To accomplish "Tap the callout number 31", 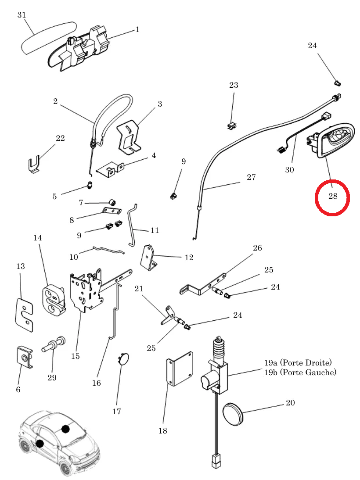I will [x=22, y=15].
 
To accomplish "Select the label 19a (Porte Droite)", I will [x=298, y=363].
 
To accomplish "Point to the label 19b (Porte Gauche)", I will [x=300, y=373].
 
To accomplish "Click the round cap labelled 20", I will [x=233, y=414].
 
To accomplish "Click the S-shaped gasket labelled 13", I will [x=24, y=311].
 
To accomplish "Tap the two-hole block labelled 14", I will [x=53, y=300].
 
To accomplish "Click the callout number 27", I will [x=251, y=177].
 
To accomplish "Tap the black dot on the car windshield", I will [x=65, y=428].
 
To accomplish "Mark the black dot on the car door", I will [x=40, y=444].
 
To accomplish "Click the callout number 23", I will [x=234, y=85].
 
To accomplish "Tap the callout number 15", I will [x=76, y=356].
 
